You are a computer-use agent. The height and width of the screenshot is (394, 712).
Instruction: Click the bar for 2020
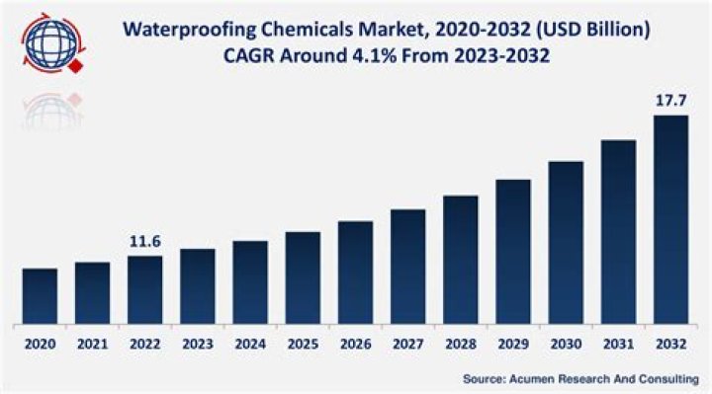(x=40, y=296)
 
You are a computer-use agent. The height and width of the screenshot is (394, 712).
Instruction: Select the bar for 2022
(x=144, y=289)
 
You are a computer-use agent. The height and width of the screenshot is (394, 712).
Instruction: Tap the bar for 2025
(x=303, y=277)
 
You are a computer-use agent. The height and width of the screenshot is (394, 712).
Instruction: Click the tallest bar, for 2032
(x=670, y=219)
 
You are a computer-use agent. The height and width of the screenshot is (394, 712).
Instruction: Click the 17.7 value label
(x=670, y=101)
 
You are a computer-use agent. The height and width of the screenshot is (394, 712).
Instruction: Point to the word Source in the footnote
(x=486, y=378)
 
